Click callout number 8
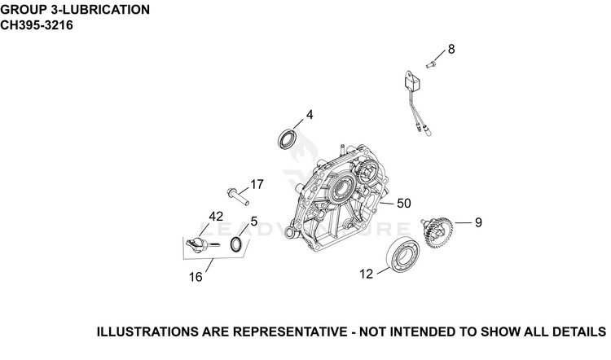(451, 50)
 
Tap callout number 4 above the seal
(310, 115)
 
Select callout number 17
(257, 184)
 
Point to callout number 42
(216, 216)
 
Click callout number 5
(254, 222)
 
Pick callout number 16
(196, 277)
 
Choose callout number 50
(404, 204)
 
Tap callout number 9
(478, 222)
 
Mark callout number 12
(367, 274)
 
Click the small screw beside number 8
(430, 64)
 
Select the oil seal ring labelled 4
(288, 138)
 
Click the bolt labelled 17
(237, 196)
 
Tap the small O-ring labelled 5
(236, 244)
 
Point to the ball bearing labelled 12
(402, 254)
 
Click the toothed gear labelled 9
(438, 233)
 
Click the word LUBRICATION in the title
(107, 10)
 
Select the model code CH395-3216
(37, 25)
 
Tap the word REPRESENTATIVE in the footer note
(290, 332)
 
